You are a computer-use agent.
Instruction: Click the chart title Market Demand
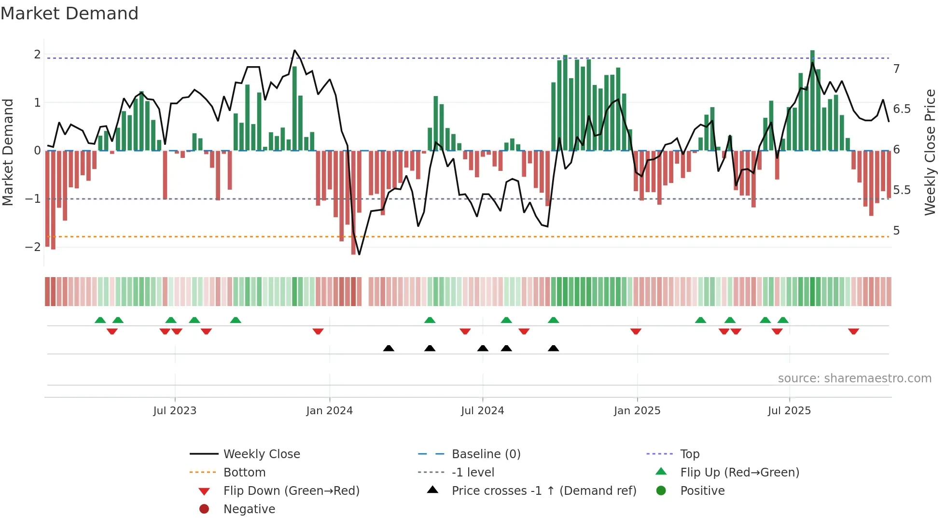point(70,14)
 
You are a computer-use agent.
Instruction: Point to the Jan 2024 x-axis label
point(329,411)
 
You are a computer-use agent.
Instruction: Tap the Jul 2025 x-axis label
point(789,411)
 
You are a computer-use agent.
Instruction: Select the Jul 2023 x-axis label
point(175,411)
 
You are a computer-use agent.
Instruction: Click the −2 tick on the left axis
point(33,247)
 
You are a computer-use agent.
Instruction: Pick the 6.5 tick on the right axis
point(902,109)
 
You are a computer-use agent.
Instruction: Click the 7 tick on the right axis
point(896,69)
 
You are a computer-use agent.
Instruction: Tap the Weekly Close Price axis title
point(930,152)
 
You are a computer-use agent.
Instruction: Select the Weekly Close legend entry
point(261,454)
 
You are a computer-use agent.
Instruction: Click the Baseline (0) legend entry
point(486,454)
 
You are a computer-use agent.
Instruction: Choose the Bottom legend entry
point(244,473)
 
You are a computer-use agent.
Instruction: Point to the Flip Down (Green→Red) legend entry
point(291,491)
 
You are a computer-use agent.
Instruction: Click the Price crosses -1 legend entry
point(543,491)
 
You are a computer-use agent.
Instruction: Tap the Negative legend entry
point(249,509)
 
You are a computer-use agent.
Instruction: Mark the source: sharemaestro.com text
point(854,378)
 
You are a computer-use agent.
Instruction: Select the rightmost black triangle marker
point(554,349)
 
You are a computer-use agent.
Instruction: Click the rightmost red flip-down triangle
point(853,332)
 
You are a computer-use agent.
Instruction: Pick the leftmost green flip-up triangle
point(100,320)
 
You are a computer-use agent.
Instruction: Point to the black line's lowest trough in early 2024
point(359,254)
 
